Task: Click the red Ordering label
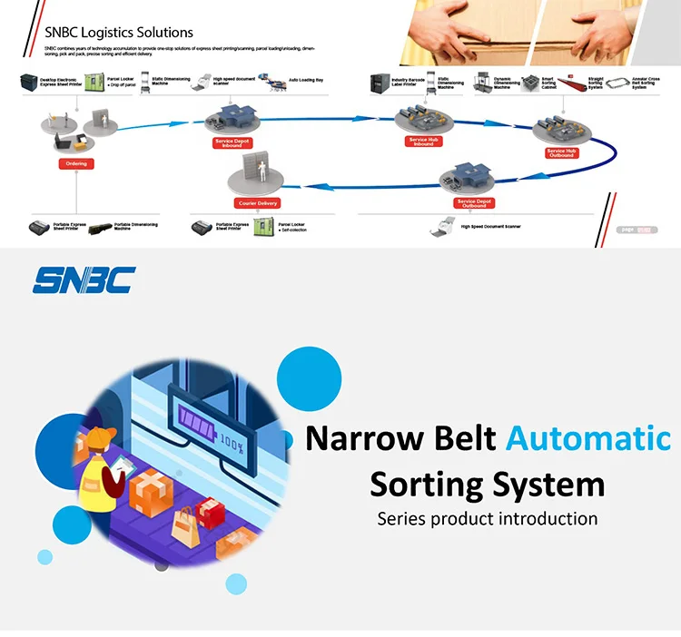(77, 164)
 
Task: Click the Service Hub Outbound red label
(560, 152)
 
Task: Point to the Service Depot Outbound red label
(472, 203)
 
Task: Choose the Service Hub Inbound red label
(423, 142)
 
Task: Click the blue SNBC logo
(83, 279)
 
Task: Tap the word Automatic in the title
(587, 438)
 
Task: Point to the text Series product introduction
(488, 519)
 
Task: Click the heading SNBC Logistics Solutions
(119, 33)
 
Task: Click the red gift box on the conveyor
(211, 514)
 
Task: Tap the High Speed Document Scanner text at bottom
(490, 226)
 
